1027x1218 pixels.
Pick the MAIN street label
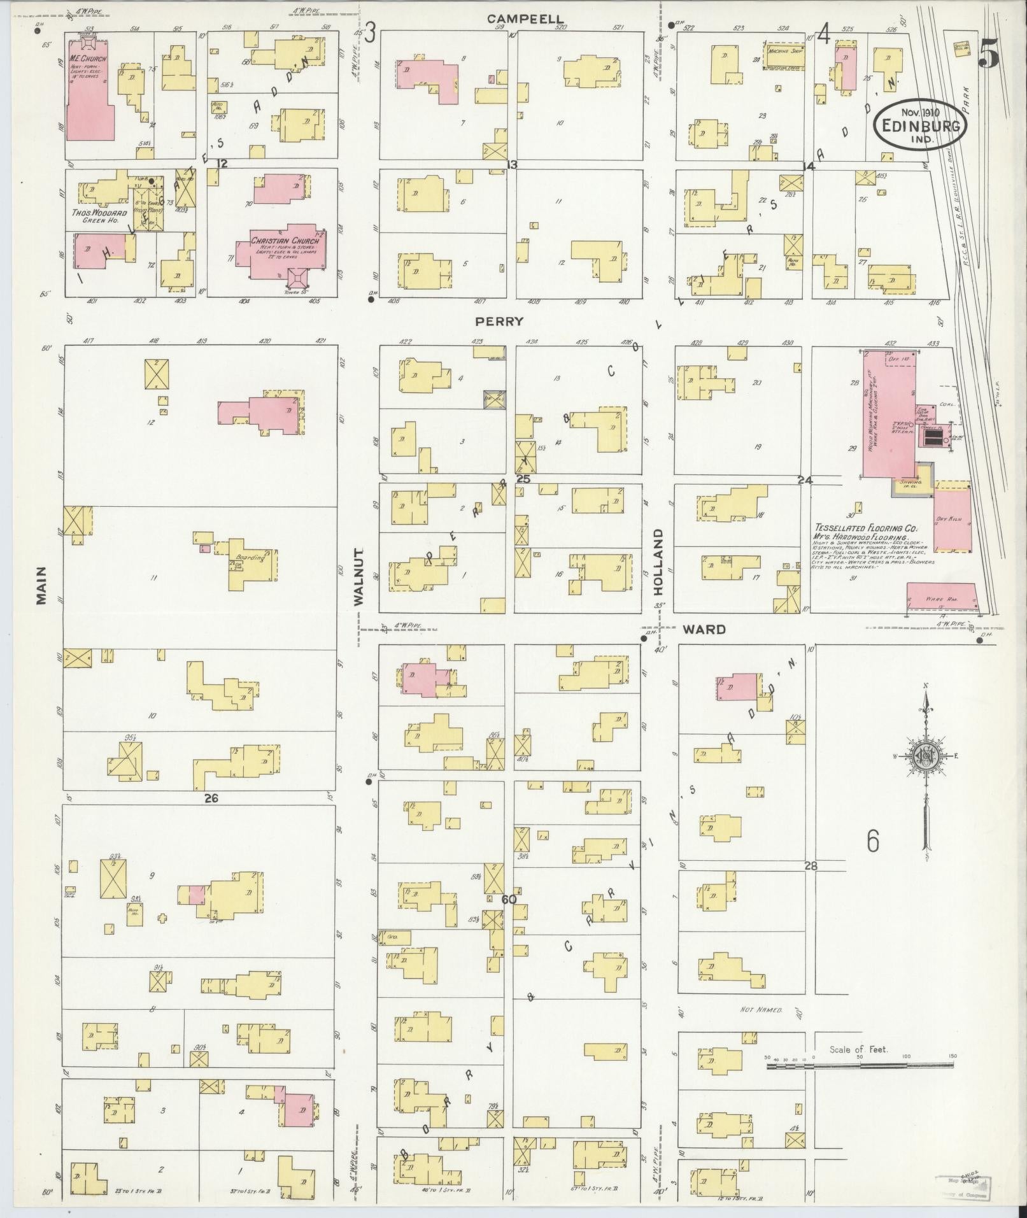(41, 584)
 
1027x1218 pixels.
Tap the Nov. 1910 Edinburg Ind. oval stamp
(921, 124)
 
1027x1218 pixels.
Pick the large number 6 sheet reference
(873, 841)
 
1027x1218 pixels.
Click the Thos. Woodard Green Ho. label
(99, 216)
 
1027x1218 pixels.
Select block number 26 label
(211, 797)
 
